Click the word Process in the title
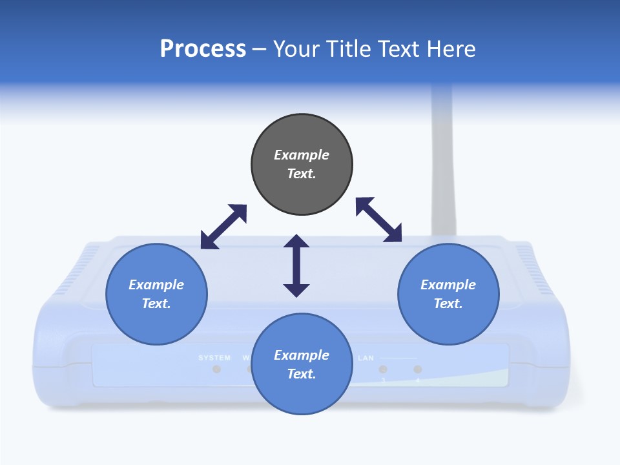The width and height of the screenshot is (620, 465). click(203, 49)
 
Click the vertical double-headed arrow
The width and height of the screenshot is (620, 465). click(296, 265)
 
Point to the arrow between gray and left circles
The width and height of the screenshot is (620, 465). click(223, 227)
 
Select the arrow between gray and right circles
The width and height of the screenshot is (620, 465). click(379, 220)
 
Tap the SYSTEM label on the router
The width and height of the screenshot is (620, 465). click(214, 358)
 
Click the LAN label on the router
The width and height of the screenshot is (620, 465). click(366, 358)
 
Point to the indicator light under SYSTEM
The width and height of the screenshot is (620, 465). click(217, 369)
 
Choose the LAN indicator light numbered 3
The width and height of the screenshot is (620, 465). click(383, 369)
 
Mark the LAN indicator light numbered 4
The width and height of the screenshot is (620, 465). click(418, 369)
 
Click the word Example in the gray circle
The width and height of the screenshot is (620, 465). click(302, 155)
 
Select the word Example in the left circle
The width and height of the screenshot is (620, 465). click(156, 285)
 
